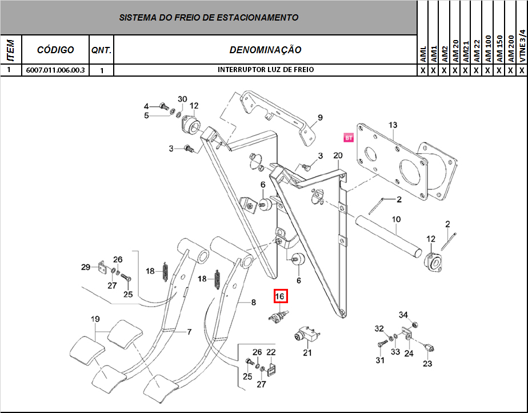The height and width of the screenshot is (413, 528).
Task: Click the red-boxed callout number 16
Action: point(280,296)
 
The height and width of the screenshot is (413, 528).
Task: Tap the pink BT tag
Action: point(348,137)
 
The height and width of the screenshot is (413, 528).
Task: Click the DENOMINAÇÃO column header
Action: point(265,50)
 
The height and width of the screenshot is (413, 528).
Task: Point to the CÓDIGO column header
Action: point(55,50)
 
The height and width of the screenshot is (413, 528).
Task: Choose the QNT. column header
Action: point(101,50)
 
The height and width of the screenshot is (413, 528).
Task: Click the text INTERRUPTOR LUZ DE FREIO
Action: point(265,70)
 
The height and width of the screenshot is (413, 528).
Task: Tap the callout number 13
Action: point(393,125)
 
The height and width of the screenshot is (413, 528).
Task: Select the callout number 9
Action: point(320,118)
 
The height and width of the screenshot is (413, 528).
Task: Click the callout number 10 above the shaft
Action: point(396,219)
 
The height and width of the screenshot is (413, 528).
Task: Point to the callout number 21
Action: point(307,352)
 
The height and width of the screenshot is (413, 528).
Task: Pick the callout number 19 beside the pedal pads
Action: point(95,319)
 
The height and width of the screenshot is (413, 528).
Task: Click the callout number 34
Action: point(403,315)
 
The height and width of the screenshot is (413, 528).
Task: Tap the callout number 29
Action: point(86,267)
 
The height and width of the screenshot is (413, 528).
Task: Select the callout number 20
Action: point(338,156)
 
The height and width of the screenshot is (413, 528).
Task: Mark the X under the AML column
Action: point(423,70)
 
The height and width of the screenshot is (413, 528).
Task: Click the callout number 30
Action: point(182,99)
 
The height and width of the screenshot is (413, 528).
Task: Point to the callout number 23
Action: point(427,363)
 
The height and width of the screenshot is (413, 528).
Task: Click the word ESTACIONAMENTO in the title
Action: point(254,17)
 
